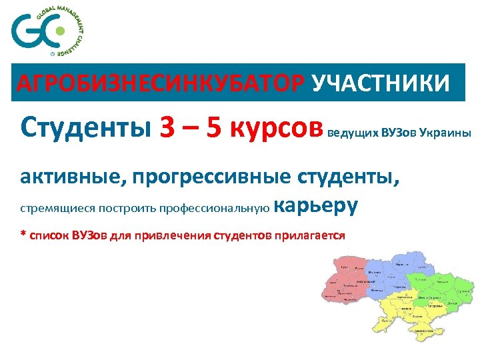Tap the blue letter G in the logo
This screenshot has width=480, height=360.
27,32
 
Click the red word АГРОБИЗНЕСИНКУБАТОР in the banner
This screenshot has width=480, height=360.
160,84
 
